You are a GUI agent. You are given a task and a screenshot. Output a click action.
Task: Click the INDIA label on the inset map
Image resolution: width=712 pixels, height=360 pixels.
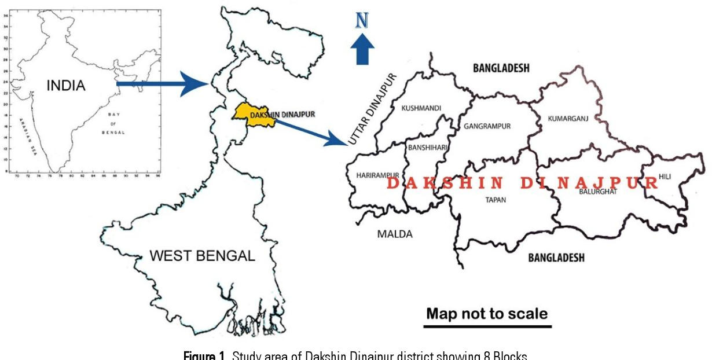tap(66, 86)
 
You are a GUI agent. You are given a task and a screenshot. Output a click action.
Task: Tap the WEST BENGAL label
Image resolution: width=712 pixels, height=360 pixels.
tap(202, 255)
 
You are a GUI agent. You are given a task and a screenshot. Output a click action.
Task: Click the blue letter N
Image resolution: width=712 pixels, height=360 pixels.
tap(362, 20)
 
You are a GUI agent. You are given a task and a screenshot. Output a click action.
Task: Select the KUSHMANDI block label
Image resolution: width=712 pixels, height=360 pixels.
tap(421, 108)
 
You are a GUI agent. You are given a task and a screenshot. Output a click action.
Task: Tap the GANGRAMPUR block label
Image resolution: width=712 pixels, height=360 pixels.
tap(487, 126)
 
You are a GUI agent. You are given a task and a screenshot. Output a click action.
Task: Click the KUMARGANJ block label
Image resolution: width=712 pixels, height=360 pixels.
tap(567, 119)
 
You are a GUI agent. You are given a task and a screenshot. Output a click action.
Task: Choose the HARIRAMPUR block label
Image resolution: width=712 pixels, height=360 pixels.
tap(377, 175)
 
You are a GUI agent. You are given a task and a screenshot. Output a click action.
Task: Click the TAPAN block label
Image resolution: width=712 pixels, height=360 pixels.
tap(495, 200)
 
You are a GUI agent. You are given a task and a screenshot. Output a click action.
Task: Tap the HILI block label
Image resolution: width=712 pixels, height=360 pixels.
tap(665, 177)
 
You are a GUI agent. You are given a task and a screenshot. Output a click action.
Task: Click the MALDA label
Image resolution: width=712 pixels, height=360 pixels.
tap(395, 234)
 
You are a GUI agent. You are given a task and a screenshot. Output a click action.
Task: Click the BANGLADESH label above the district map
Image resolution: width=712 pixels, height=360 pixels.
tap(501, 68)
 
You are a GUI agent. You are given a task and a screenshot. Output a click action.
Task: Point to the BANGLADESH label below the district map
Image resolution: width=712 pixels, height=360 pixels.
tap(556, 258)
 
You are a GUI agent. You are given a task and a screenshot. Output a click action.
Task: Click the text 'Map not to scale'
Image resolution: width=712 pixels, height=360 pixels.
tap(487, 314)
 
